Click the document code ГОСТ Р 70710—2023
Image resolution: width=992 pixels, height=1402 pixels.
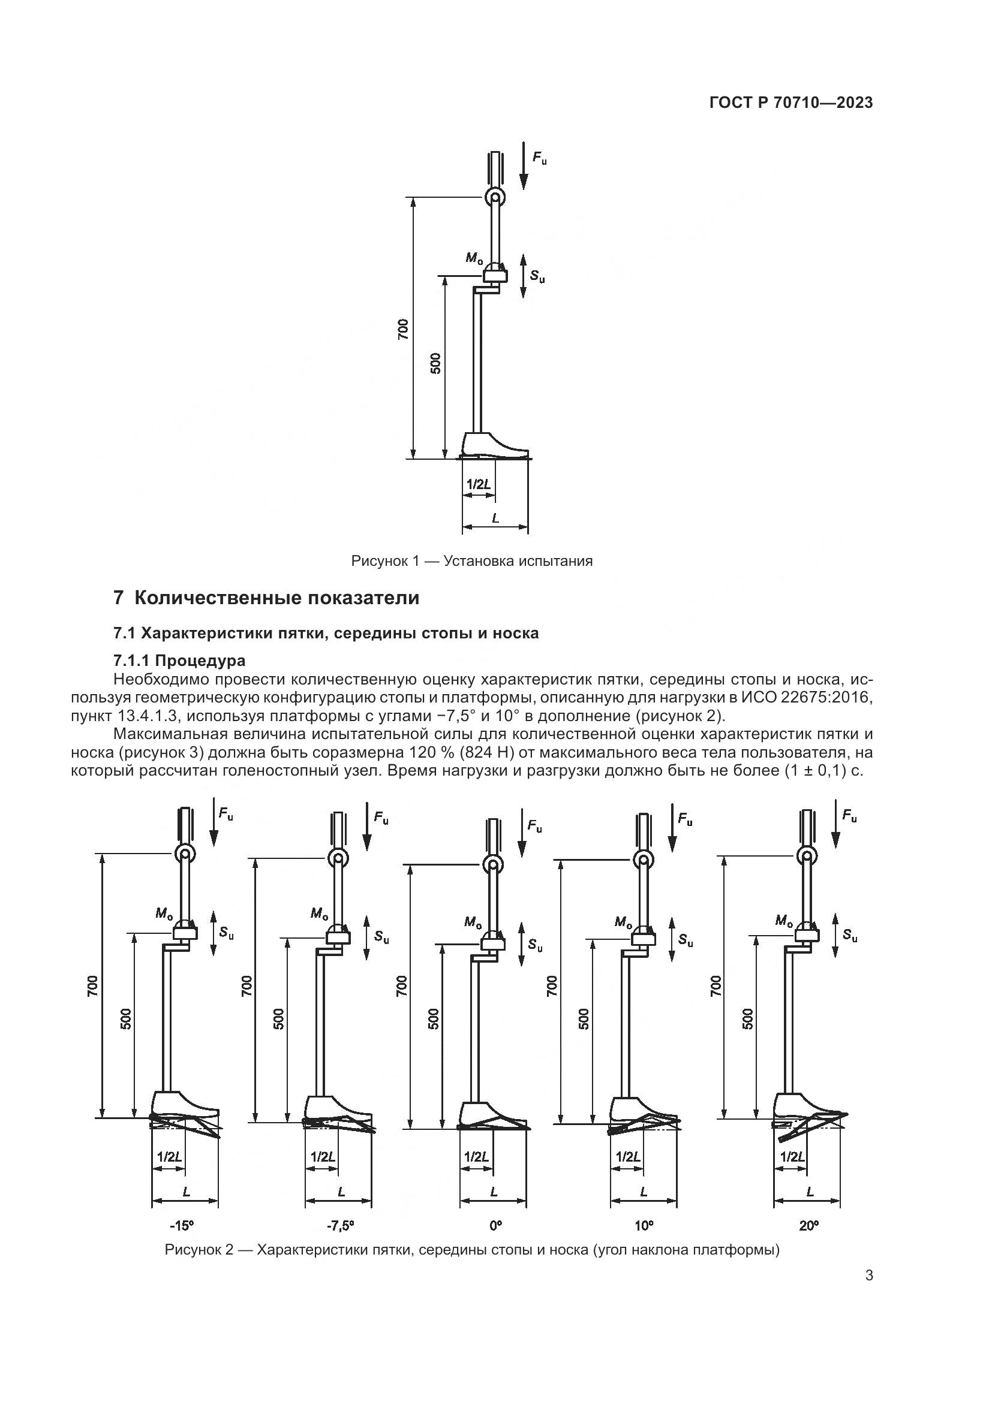coord(791,103)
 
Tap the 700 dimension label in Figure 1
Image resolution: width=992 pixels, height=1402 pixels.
coord(402,329)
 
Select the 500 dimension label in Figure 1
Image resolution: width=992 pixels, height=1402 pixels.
coord(435,364)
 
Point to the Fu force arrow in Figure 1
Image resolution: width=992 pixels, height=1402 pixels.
coord(524,165)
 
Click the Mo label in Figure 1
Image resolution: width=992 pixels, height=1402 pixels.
coord(473,258)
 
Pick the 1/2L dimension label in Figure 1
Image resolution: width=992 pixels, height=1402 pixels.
coord(478,484)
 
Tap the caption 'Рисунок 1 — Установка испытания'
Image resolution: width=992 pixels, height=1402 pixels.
coord(471,560)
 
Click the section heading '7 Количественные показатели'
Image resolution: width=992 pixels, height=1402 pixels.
coord(266,598)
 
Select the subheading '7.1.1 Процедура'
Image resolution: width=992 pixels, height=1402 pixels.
coord(179,660)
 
